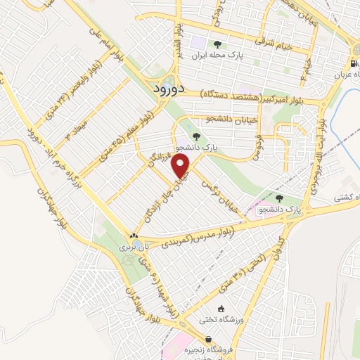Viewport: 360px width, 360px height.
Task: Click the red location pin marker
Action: pyautogui.click(x=183, y=167)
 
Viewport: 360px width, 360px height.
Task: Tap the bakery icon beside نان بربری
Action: pyautogui.click(x=134, y=236)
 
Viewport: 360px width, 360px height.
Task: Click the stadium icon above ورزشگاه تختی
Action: pyautogui.click(x=221, y=309)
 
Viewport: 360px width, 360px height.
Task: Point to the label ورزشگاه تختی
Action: pyautogui.click(x=221, y=320)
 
